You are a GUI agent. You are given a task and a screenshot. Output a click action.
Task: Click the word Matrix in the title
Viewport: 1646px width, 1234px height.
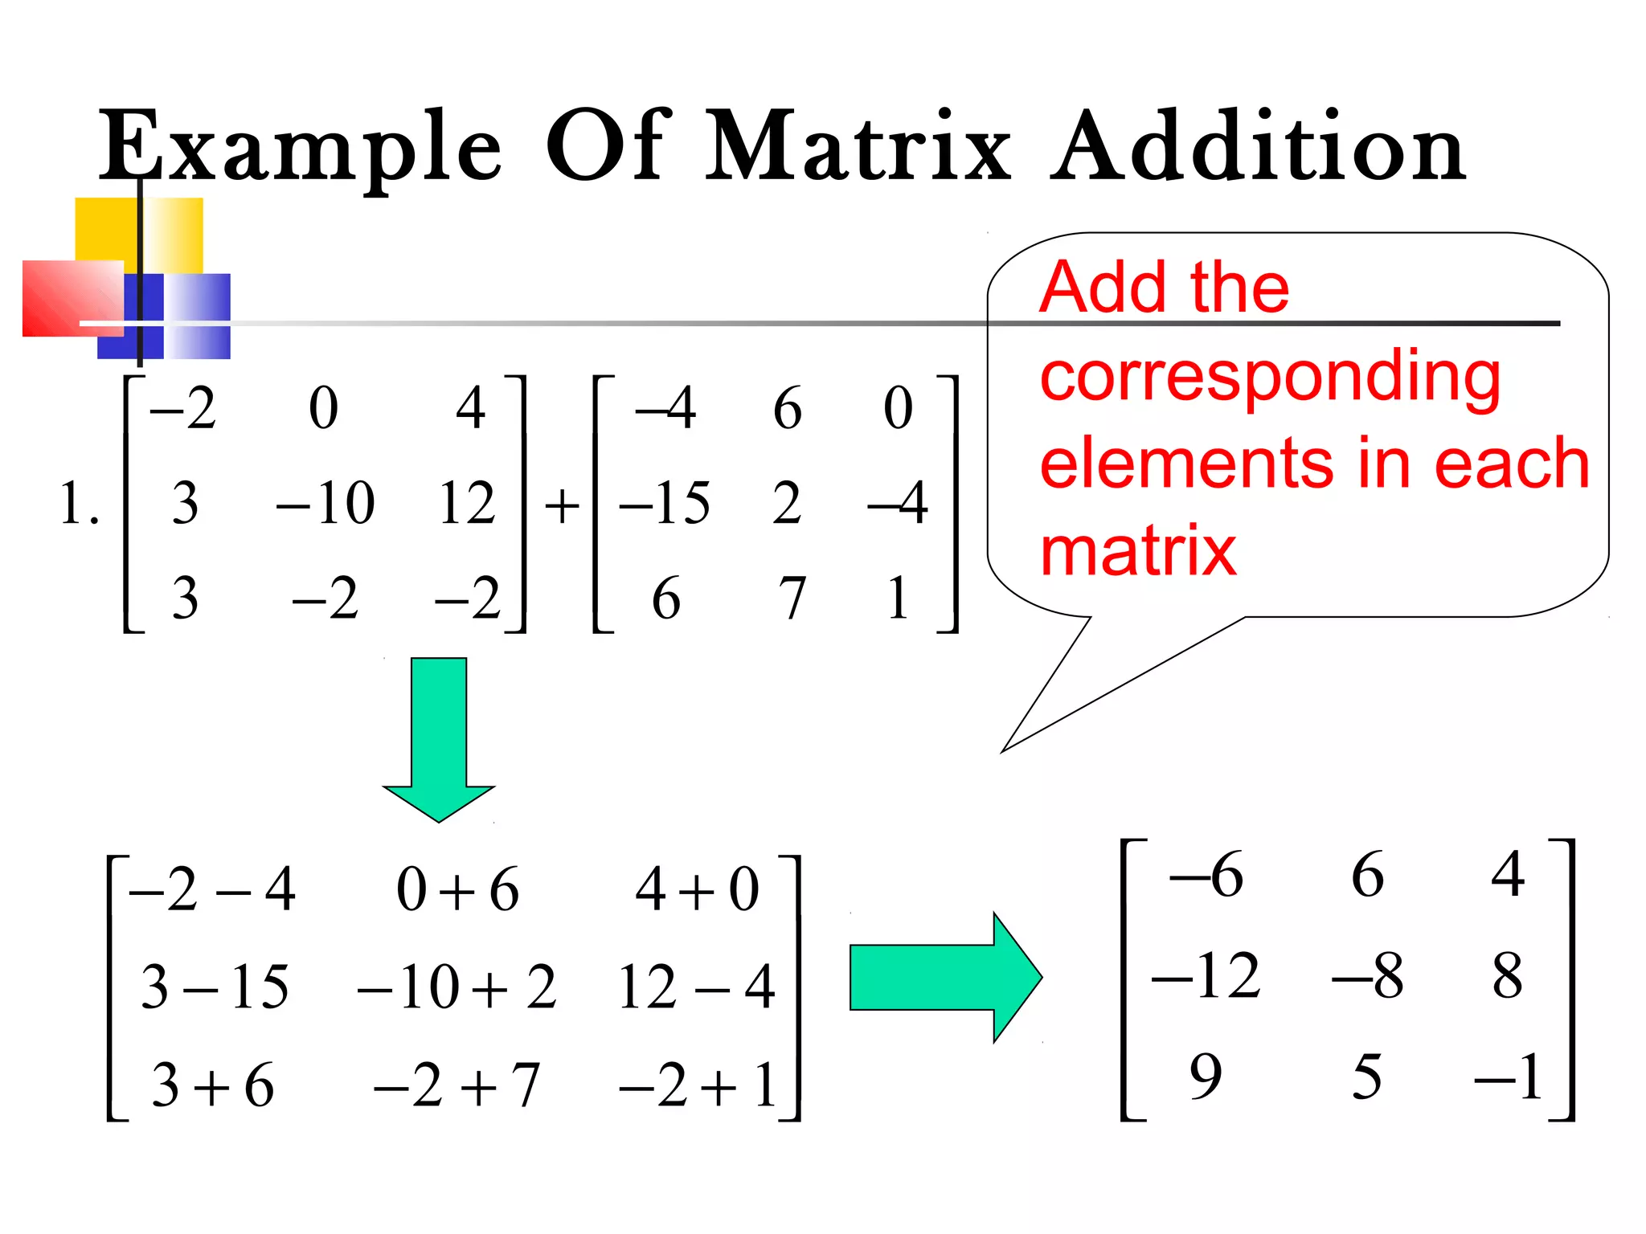coord(858,146)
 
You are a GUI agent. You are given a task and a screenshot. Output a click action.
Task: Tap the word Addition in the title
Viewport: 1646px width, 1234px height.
coord(1259,146)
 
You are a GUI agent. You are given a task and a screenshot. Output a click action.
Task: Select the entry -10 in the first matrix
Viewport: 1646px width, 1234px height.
coord(326,504)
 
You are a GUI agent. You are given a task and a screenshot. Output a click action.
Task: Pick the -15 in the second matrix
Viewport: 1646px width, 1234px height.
coord(664,504)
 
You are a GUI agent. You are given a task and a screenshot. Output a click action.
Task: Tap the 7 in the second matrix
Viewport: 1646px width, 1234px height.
coord(791,599)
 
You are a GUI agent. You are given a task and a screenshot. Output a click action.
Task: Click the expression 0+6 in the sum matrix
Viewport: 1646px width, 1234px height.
coord(457,890)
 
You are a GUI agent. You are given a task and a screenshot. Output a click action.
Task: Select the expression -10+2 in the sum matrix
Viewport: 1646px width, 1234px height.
coord(457,987)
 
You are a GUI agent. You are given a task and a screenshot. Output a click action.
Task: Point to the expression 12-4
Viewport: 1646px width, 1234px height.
coord(696,987)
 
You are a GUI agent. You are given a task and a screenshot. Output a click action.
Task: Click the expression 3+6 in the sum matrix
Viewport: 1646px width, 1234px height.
coord(213,1085)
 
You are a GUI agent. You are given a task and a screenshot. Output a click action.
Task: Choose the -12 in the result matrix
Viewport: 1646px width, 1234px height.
coord(1206,975)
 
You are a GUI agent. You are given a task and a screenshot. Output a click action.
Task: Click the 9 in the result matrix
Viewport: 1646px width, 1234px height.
coord(1206,1076)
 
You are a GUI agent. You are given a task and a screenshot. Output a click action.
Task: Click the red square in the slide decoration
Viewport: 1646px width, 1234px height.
coord(71,297)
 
